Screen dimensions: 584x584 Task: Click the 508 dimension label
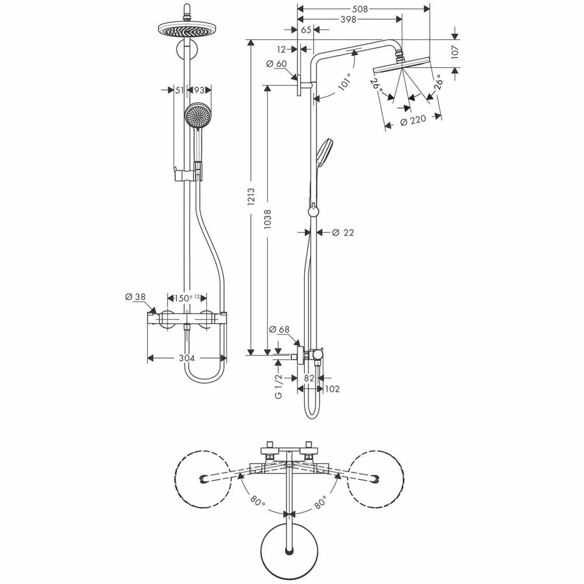(360, 9)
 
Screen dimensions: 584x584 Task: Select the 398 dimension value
(348, 19)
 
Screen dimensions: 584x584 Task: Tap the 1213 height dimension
(251, 197)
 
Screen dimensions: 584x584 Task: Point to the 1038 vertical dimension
(267, 220)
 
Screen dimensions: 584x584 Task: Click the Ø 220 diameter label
(413, 121)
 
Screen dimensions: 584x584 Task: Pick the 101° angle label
(345, 82)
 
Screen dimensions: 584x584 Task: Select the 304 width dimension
(187, 359)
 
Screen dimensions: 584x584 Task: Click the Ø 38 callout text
(135, 297)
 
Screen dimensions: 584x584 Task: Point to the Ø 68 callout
(279, 329)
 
